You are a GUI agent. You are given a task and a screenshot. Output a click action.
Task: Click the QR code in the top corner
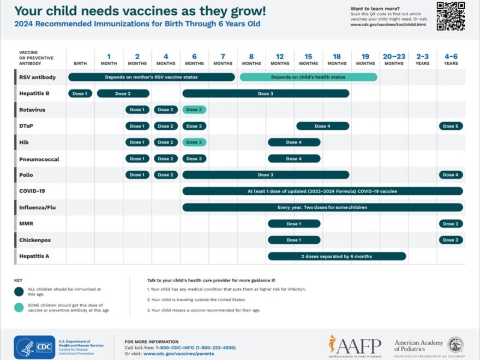pyautogui.click(x=451, y=16)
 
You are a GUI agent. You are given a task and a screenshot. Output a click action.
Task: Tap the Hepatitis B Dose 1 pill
pyautogui.click(x=80, y=93)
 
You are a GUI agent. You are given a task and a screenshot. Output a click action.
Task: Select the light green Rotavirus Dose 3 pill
pyautogui.click(x=194, y=110)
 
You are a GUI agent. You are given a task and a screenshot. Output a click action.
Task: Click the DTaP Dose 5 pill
pyautogui.click(x=451, y=126)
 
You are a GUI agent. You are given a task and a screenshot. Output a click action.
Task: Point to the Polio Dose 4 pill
pyautogui.click(x=451, y=175)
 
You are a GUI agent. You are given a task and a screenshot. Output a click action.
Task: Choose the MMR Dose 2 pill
pyautogui.click(x=451, y=224)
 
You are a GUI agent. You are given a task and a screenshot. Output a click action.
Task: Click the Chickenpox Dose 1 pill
pyautogui.click(x=294, y=240)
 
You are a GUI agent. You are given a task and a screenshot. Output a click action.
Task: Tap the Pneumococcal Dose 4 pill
pyautogui.click(x=294, y=159)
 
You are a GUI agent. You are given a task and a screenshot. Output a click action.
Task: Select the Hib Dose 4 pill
pyautogui.click(x=294, y=142)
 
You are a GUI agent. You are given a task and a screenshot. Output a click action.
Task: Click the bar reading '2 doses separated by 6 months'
pyautogui.click(x=337, y=256)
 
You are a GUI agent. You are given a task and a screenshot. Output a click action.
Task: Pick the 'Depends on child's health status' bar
pyautogui.click(x=308, y=77)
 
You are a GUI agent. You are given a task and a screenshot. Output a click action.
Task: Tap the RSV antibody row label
pyautogui.click(x=37, y=77)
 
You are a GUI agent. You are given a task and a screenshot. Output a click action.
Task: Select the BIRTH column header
pyautogui.click(x=80, y=63)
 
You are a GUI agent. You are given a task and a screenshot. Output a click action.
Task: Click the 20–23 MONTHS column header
pyautogui.click(x=394, y=59)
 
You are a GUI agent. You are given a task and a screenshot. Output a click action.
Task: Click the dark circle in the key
pyautogui.click(x=19, y=291)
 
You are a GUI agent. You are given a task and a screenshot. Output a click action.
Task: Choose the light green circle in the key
pyautogui.click(x=19, y=308)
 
